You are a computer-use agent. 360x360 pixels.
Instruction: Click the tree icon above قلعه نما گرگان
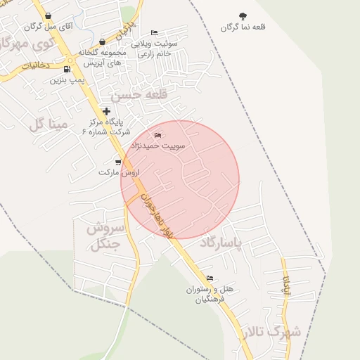[243, 15]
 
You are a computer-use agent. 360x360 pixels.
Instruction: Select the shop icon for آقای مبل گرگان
[47, 16]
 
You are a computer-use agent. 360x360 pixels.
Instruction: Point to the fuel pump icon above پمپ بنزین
[67, 69]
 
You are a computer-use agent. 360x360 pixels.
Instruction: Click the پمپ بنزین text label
[67, 79]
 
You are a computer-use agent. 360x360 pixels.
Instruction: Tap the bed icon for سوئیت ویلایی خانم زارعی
[155, 32]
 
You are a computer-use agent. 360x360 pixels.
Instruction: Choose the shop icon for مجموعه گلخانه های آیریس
[102, 42]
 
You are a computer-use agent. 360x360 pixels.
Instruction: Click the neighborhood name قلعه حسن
[144, 94]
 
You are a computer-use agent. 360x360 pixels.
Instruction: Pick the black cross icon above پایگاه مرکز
[107, 111]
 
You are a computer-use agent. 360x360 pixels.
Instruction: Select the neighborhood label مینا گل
[49, 124]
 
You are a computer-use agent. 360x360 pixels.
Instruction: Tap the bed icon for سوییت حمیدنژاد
[157, 135]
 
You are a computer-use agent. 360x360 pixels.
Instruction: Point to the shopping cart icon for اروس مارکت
[117, 162]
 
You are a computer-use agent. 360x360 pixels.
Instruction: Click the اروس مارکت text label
[119, 172]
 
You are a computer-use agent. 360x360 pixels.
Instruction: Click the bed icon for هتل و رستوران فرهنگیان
[210, 278]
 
